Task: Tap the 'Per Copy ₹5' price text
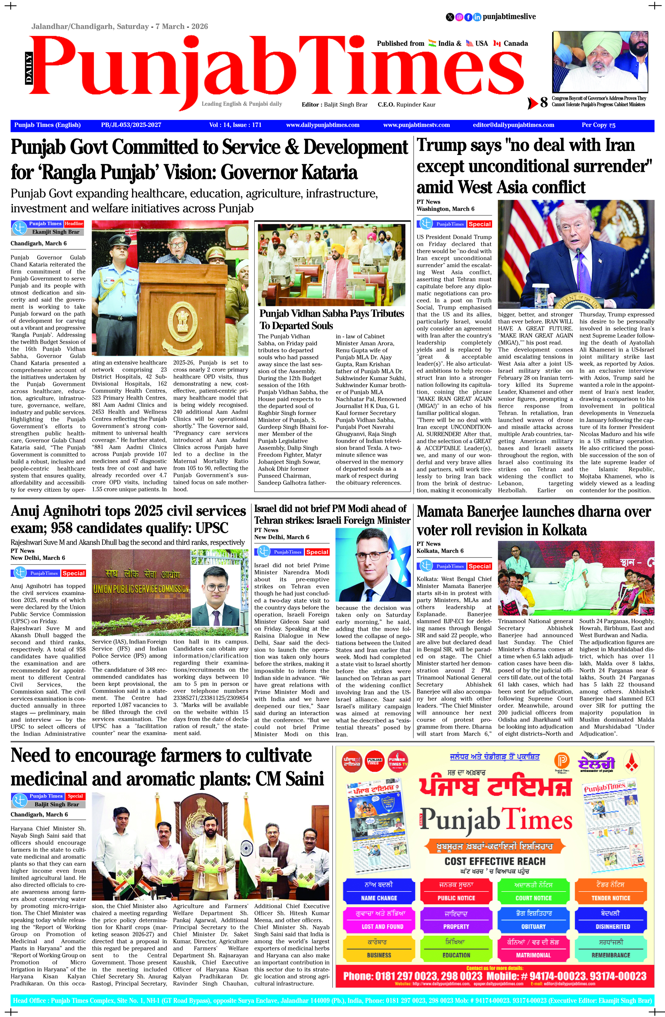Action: [x=598, y=125]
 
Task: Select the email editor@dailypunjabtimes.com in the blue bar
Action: [x=513, y=125]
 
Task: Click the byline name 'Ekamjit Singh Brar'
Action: [x=56, y=232]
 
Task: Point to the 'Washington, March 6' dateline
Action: [x=445, y=209]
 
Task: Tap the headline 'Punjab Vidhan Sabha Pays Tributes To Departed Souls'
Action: [x=332, y=319]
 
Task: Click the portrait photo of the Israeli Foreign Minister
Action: [x=373, y=565]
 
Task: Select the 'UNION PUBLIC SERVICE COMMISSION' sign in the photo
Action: [x=141, y=589]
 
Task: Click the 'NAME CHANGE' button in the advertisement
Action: [x=379, y=898]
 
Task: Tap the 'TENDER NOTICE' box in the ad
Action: [x=611, y=898]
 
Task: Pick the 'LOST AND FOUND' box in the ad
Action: [x=382, y=927]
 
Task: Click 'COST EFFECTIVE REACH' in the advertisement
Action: [x=495, y=861]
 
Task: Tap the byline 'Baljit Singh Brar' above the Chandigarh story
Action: [x=57, y=804]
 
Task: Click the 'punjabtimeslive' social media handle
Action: [x=509, y=17]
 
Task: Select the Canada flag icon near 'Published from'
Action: [x=497, y=43]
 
